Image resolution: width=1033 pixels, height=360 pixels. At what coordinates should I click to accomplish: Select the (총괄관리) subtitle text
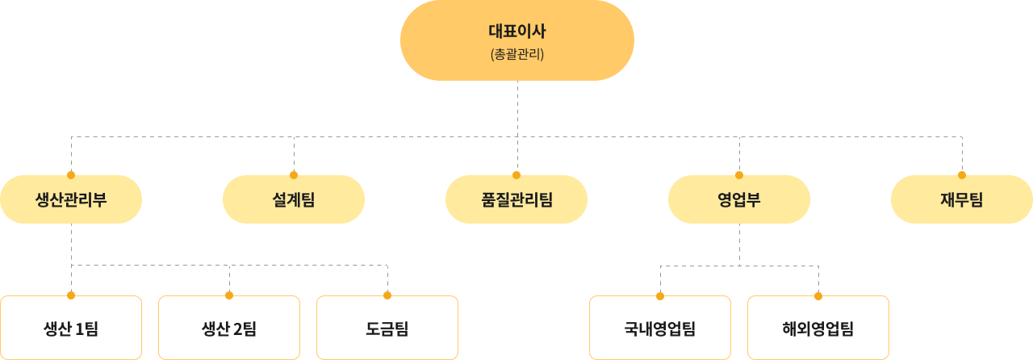pos(516,56)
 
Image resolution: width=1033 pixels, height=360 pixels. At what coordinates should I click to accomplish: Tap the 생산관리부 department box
pos(71,199)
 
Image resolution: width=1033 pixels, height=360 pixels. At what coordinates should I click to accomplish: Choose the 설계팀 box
pos(294,199)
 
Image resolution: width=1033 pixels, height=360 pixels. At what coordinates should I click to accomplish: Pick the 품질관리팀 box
pos(516,199)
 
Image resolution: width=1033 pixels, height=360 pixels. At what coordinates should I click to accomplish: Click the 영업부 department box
pos(739,199)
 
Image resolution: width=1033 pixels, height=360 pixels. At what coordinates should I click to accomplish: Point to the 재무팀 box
pos(962,199)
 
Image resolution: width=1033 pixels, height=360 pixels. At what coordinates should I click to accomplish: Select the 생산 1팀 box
pos(71,329)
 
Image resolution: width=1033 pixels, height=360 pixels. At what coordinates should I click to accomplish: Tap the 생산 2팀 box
pos(229,329)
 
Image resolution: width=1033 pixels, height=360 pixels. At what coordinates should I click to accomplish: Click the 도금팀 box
pos(387,329)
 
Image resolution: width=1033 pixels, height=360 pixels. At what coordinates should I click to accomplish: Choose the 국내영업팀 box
pos(660,329)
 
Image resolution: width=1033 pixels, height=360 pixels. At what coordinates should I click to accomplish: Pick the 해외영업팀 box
pos(818,329)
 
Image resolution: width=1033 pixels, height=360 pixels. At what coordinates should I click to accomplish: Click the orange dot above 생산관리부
pos(71,174)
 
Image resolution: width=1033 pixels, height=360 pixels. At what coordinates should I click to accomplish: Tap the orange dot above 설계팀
pos(294,174)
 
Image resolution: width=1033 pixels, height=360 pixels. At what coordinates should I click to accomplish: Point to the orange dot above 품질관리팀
pos(516,174)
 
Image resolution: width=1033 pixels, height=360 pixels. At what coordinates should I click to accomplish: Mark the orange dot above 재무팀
pos(962,174)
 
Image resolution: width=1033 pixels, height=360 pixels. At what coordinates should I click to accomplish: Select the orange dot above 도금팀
pos(387,295)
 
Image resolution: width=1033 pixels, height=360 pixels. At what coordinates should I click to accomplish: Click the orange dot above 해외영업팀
pos(818,295)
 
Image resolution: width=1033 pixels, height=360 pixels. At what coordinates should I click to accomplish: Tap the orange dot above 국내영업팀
pos(660,295)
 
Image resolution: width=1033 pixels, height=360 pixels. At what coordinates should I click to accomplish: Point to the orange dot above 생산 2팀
pos(229,295)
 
